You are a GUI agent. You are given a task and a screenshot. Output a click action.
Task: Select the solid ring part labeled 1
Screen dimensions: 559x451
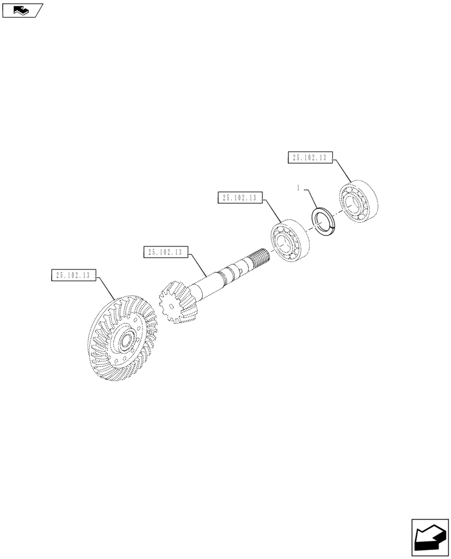coord(324,222)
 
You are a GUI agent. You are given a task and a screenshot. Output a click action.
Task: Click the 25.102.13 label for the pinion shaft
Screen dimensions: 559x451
coord(166,252)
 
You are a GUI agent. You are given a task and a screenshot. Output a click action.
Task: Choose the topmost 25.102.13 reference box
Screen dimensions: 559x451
coord(309,158)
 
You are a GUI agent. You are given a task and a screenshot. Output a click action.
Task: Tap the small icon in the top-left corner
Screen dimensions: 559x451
coord(22,10)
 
